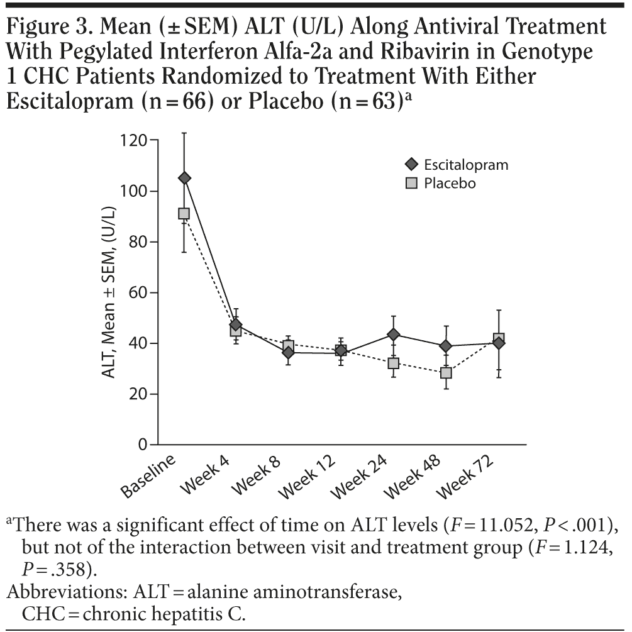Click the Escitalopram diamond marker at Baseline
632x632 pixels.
pos(184,178)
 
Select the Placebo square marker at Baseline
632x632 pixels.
pos(184,214)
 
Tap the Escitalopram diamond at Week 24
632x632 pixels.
pos(394,334)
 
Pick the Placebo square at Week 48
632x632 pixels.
pos(446,372)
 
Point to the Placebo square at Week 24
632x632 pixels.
pos(394,363)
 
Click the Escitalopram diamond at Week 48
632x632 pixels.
pos(446,346)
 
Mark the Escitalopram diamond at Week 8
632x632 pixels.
pos(288,352)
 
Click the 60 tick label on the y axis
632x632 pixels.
pos(138,293)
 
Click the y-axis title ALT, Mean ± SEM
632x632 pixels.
pos(108,292)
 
